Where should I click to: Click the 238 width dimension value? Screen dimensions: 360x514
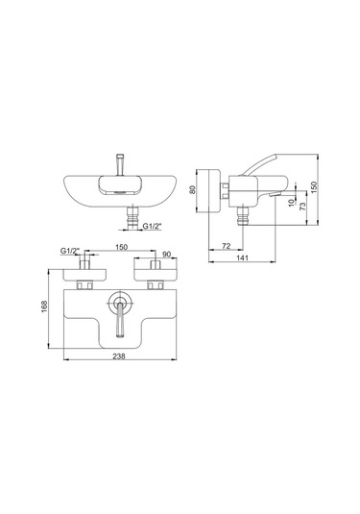[119, 356]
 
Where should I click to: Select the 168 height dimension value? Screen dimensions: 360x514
[44, 306]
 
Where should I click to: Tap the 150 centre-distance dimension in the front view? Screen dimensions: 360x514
[122, 247]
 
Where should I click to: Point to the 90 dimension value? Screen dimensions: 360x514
[167, 255]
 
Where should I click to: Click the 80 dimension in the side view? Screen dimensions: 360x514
[193, 190]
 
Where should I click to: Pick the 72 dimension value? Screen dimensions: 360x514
[227, 246]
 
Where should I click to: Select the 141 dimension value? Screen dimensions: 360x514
[243, 258]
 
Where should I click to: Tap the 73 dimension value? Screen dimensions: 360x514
[302, 207]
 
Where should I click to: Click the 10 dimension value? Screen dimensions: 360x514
[292, 204]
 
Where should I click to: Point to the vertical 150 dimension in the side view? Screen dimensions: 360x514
[314, 187]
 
